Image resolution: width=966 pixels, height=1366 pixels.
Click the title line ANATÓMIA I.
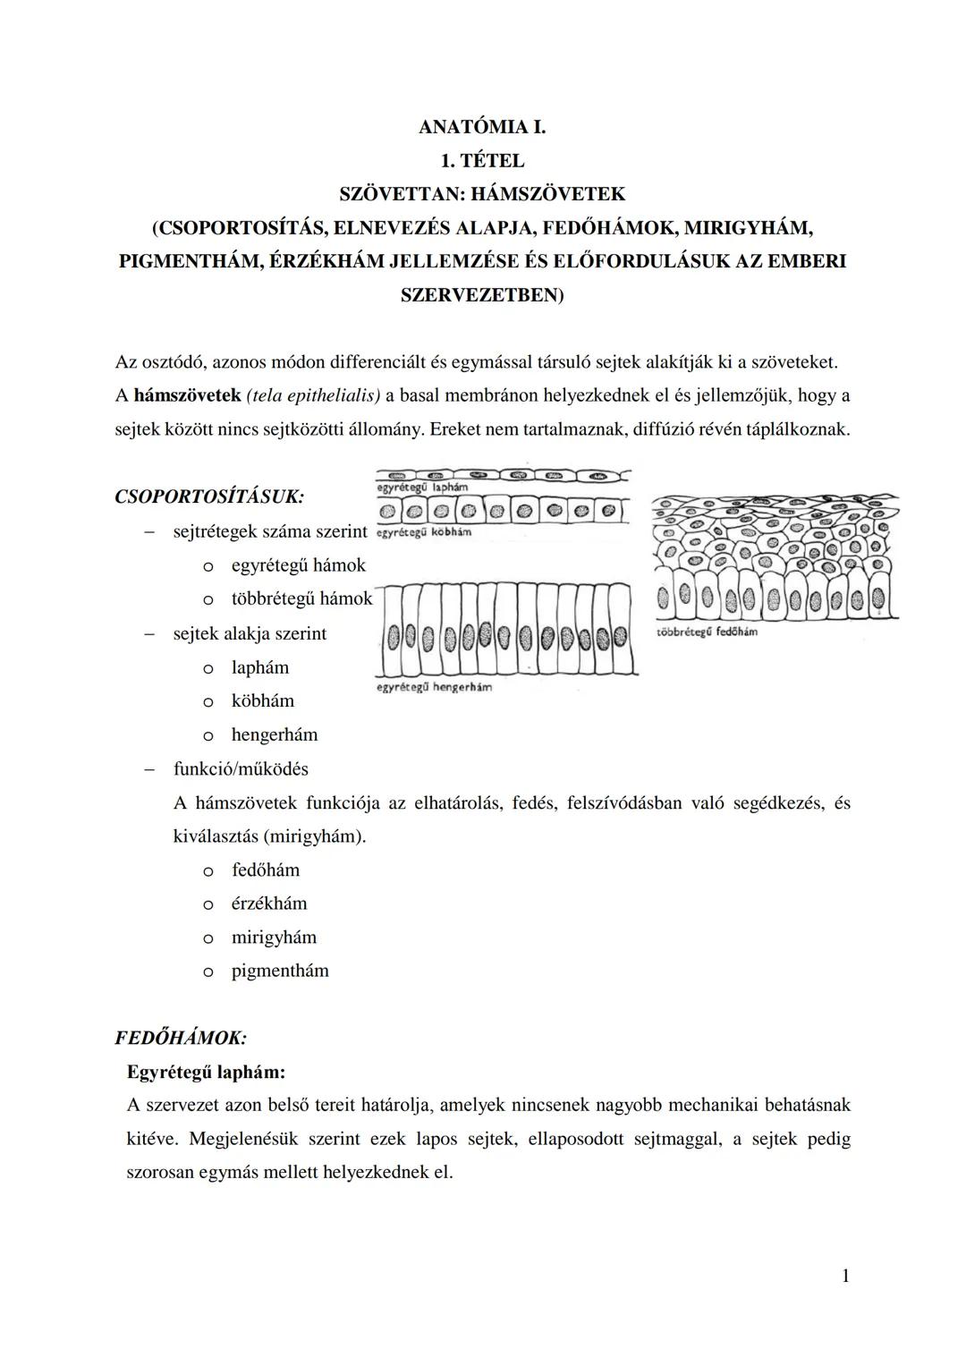pyautogui.click(x=482, y=127)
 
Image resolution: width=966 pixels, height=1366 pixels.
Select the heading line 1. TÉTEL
pyautogui.click(x=482, y=161)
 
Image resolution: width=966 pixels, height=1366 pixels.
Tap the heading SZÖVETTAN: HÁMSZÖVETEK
pyautogui.click(x=482, y=194)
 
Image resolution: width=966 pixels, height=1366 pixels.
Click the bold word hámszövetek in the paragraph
pyautogui.click(x=187, y=395)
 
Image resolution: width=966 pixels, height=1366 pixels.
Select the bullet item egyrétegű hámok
pyautogui.click(x=298, y=565)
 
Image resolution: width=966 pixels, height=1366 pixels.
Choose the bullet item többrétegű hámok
pyautogui.click(x=301, y=599)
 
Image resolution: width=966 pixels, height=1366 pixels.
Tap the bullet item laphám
pyautogui.click(x=259, y=667)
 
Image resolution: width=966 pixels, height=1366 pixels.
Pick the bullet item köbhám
pyautogui.click(x=262, y=701)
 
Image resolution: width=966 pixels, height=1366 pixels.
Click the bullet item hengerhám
pyautogui.click(x=274, y=735)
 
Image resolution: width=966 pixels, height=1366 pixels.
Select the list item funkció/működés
pyautogui.click(x=241, y=769)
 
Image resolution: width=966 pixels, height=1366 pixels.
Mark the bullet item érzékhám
pyautogui.click(x=268, y=904)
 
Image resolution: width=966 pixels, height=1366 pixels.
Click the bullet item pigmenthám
pyautogui.click(x=279, y=971)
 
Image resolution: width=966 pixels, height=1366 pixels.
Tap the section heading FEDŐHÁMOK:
pyautogui.click(x=181, y=1039)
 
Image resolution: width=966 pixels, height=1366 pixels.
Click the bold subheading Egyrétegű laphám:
pyautogui.click(x=206, y=1072)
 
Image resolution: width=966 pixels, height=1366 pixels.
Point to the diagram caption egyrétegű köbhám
pyautogui.click(x=424, y=532)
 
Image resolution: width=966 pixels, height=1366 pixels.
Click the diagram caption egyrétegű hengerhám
pyautogui.click(x=434, y=687)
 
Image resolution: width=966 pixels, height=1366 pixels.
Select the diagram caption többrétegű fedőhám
pyautogui.click(x=707, y=632)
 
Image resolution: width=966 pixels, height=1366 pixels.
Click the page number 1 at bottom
pyautogui.click(x=845, y=1277)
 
